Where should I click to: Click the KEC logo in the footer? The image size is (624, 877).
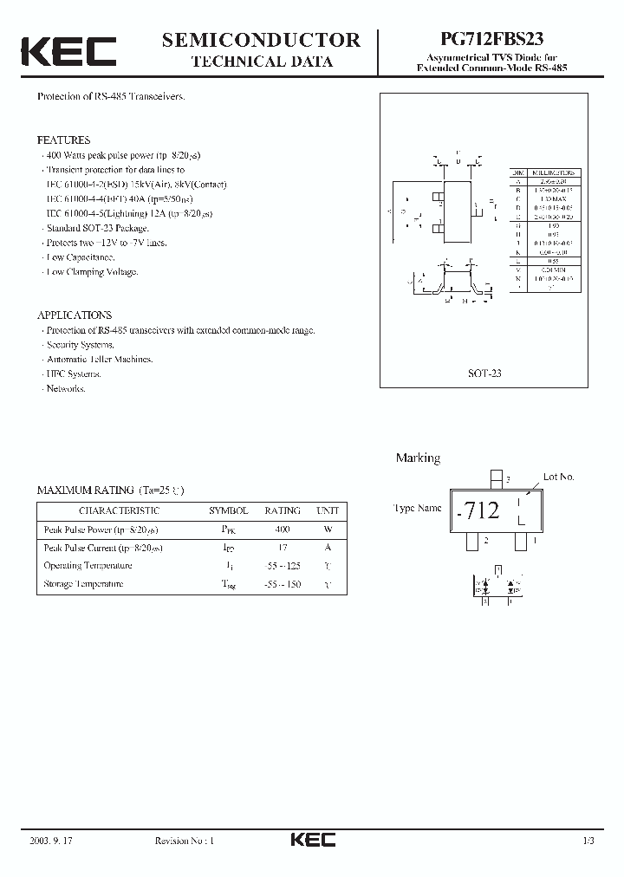click(x=312, y=840)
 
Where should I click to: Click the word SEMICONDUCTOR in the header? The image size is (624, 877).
click(x=261, y=40)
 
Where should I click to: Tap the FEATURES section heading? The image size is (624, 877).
click(x=63, y=140)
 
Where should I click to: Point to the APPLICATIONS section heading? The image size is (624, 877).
click(x=75, y=315)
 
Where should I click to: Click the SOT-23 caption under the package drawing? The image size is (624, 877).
click(x=484, y=374)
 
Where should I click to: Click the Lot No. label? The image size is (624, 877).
click(x=559, y=477)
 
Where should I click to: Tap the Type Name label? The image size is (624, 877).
click(x=418, y=509)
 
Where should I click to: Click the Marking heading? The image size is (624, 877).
click(x=418, y=458)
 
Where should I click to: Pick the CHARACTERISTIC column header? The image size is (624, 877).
click(x=119, y=510)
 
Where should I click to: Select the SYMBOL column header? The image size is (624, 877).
click(x=229, y=510)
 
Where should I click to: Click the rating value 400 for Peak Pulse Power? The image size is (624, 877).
click(x=283, y=529)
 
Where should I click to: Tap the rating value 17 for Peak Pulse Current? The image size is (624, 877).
click(x=283, y=547)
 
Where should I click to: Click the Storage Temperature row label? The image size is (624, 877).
click(x=83, y=583)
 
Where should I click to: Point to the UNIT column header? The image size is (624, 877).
click(x=328, y=510)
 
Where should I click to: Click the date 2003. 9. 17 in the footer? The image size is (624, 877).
click(x=49, y=841)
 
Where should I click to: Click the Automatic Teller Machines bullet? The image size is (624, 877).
click(x=100, y=359)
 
